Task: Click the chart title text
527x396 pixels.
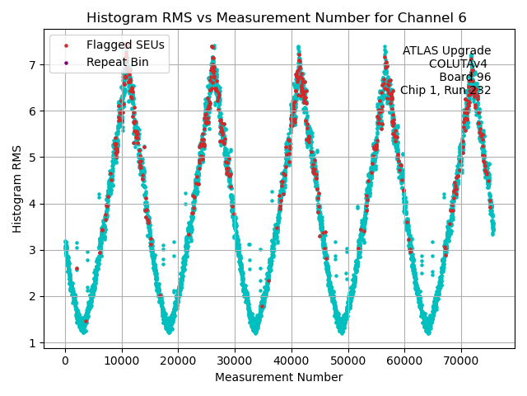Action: tap(276, 17)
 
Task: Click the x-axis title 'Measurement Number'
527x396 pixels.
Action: tap(278, 377)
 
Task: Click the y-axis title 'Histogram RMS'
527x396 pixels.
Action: tap(17, 188)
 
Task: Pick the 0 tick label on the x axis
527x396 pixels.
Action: tap(65, 361)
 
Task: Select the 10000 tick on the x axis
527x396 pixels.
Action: tap(122, 361)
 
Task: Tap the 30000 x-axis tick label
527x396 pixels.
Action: tap(235, 361)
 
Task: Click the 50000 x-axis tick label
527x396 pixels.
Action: tap(347, 361)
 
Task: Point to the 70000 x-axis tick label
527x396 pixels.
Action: tap(460, 361)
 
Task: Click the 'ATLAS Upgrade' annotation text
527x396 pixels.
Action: tap(446, 51)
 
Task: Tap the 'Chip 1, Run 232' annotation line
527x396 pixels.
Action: tap(445, 91)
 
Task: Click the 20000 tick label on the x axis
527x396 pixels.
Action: tap(178, 361)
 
